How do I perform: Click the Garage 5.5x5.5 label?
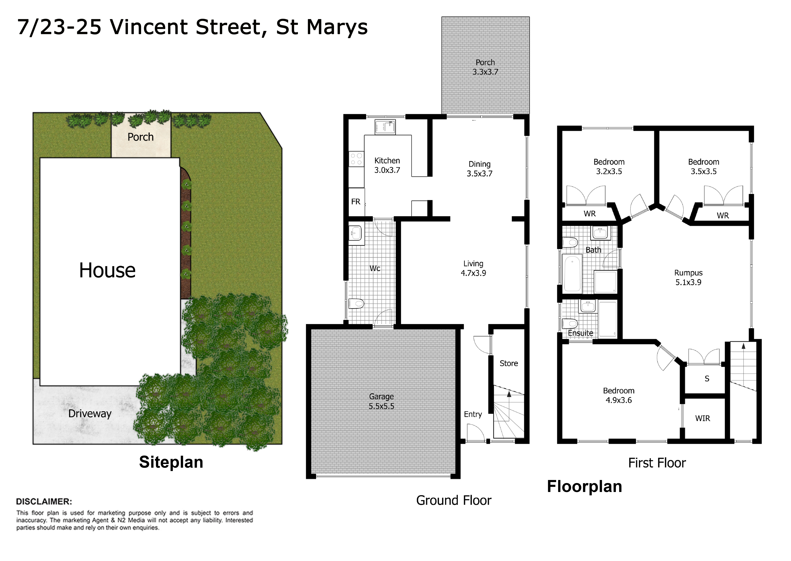tap(381, 401)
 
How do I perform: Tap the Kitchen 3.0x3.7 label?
tap(387, 166)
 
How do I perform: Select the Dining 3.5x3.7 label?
tap(479, 169)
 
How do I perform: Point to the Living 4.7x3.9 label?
tap(473, 268)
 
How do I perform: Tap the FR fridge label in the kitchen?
tap(356, 202)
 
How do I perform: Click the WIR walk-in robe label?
tap(703, 418)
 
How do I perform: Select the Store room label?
tap(509, 363)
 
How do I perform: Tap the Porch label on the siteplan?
tap(141, 137)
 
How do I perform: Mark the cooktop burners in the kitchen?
tap(356, 159)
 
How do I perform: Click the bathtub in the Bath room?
tap(572, 274)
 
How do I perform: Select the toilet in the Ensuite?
tap(570, 324)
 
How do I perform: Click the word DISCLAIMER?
tap(44, 502)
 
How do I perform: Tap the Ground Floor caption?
tap(454, 501)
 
